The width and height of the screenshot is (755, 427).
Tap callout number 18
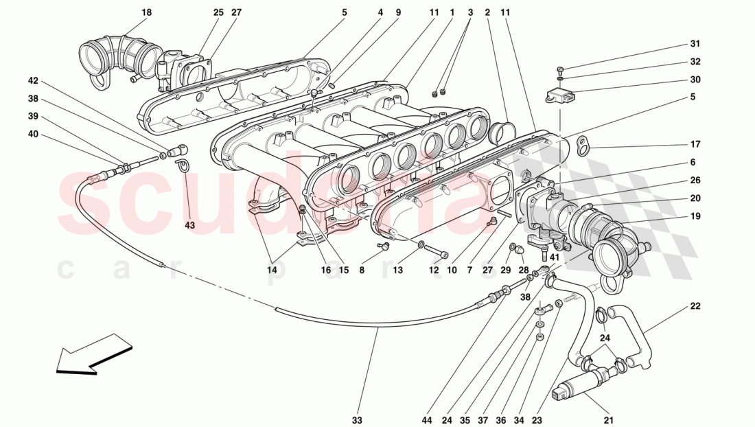147,12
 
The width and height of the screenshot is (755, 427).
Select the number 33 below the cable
357,419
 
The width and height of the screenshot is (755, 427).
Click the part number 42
33,80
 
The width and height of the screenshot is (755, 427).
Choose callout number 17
695,144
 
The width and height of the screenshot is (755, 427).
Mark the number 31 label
695,44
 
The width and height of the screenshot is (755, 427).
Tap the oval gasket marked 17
583,145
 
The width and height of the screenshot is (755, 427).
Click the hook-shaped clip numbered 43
183,165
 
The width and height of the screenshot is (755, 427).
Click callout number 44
426,419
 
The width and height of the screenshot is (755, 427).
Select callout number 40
33,134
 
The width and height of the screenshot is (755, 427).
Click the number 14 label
273,270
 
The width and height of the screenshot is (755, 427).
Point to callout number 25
218,12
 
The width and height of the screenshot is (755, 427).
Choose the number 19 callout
695,216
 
